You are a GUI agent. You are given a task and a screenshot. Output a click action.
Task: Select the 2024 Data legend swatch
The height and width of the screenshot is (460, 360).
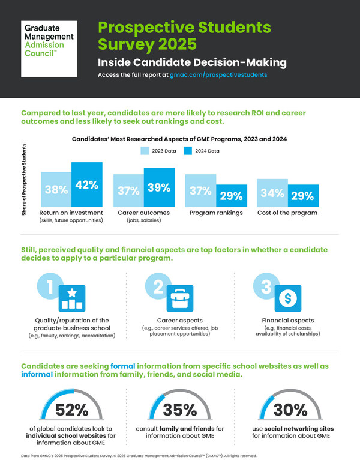(190, 151)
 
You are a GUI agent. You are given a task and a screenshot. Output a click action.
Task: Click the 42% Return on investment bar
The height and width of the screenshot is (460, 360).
(87, 184)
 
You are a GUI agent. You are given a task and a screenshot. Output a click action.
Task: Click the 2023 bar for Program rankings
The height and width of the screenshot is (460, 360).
(200, 190)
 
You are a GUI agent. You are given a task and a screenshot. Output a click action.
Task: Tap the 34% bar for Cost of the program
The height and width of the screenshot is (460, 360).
(272, 192)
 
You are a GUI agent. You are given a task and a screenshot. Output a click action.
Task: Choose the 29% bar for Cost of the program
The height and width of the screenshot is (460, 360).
(302, 195)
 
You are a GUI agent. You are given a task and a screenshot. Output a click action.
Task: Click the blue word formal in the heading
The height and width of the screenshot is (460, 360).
(125, 366)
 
